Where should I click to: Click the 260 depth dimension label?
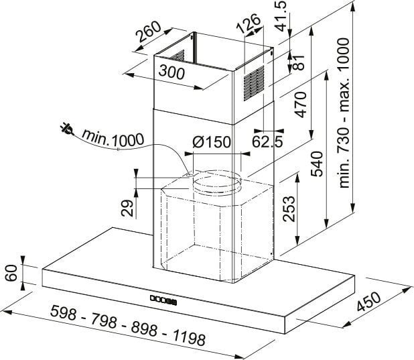[148, 32]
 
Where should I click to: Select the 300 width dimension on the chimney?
[171, 72]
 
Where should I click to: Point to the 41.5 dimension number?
[282, 16]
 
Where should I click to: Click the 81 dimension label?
[299, 62]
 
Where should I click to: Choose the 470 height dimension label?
[301, 105]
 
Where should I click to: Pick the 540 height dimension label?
[317, 164]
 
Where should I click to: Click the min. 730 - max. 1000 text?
[344, 113]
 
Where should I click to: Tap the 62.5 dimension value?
[267, 141]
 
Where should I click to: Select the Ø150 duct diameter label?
[212, 142]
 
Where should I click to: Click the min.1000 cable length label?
[113, 138]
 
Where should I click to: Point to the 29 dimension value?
[127, 208]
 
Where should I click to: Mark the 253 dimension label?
[288, 208]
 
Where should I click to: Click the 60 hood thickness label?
[11, 273]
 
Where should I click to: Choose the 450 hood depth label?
[368, 301]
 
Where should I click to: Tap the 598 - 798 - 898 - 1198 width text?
[128, 325]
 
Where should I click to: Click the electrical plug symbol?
[66, 129]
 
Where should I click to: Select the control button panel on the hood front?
[163, 300]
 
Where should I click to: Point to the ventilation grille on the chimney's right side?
[254, 83]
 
